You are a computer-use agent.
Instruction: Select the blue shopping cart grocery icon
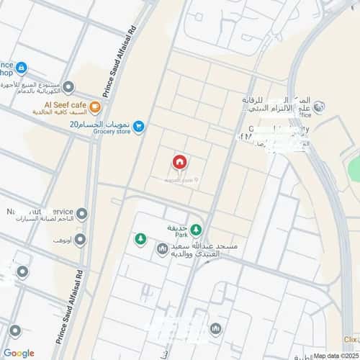point(139,127)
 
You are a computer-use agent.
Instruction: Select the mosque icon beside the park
point(161,249)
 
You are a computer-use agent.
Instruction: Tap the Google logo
point(19,353)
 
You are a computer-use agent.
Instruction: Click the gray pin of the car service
point(82,214)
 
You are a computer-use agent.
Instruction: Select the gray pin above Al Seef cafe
point(68,88)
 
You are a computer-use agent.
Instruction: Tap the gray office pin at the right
point(320,107)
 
